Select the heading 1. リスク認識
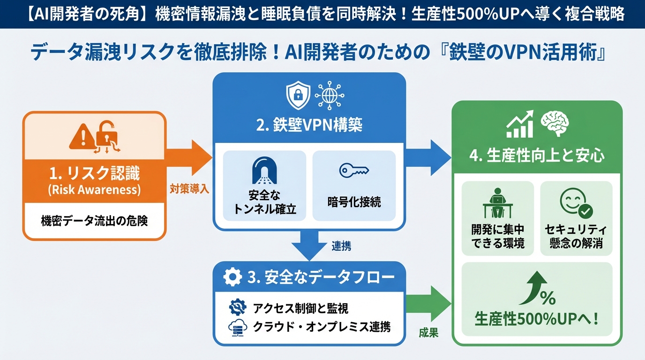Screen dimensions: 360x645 coord(94,175)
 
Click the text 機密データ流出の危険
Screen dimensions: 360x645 coord(94,220)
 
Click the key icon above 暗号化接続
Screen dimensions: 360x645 coord(354,171)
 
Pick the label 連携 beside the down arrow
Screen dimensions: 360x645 coord(341,245)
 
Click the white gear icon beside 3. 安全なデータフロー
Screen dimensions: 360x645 coord(232,277)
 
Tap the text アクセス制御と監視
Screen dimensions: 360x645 coord(300,308)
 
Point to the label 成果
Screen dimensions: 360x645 coord(428,333)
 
